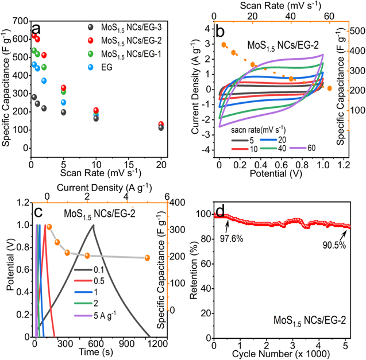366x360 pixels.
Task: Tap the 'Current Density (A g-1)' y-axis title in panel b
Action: point(195,90)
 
